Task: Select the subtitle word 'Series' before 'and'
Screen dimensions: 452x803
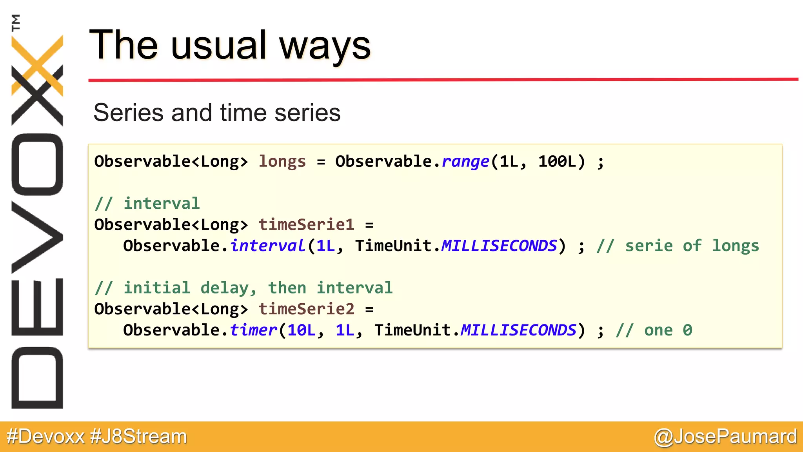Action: [128, 113]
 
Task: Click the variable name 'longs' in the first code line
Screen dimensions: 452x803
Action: [282, 161]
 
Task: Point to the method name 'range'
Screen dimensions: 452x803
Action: [465, 161]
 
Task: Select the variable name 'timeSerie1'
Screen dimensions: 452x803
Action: [306, 224]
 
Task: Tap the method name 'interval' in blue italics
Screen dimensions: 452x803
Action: [267, 246]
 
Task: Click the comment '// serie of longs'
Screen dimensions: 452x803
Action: [678, 246]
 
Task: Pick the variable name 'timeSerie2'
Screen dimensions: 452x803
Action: [306, 309]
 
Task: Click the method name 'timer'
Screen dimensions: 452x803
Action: [253, 330]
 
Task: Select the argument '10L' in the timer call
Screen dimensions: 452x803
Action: [301, 330]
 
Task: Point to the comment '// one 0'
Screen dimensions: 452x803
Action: [654, 330]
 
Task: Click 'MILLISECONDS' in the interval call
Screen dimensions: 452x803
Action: [499, 246]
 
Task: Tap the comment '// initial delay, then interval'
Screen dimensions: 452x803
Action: [243, 288]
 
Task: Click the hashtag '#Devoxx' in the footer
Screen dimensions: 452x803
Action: [46, 436]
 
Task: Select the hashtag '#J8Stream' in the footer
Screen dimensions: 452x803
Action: [138, 436]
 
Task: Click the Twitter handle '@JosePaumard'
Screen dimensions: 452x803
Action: [725, 436]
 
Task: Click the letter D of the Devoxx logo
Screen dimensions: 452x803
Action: [37, 378]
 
